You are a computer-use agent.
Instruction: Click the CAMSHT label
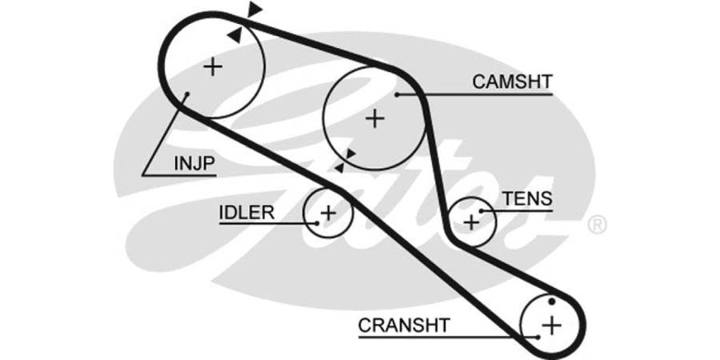click(x=512, y=82)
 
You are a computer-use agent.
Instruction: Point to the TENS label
click(x=526, y=199)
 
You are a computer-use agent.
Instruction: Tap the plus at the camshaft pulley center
click(x=374, y=118)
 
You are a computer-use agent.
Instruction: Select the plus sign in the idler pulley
click(x=327, y=212)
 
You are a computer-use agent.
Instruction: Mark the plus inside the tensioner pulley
click(x=471, y=221)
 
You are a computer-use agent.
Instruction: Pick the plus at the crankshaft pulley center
click(x=551, y=325)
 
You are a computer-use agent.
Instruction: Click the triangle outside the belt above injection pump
click(x=254, y=10)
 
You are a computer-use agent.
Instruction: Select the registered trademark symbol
click(x=597, y=225)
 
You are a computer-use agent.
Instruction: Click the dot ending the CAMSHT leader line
click(x=397, y=95)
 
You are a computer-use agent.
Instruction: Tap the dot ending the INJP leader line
click(x=186, y=94)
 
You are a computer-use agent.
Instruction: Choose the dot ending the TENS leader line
click(x=479, y=210)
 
